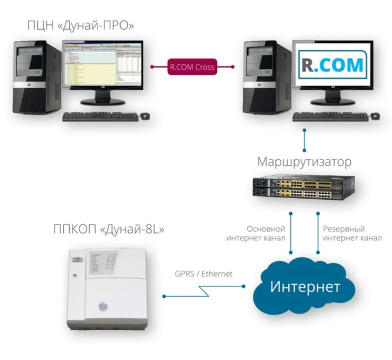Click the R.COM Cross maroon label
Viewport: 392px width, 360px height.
pyautogui.click(x=192, y=68)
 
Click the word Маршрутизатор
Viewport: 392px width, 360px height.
pyautogui.click(x=304, y=162)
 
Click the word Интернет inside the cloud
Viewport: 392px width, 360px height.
pyautogui.click(x=305, y=286)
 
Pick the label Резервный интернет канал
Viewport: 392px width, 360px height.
pyautogui.click(x=352, y=233)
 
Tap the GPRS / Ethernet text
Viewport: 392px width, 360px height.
pyautogui.click(x=204, y=274)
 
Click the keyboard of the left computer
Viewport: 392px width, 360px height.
pyautogui.click(x=99, y=116)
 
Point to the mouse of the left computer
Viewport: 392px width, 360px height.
pyautogui.click(x=145, y=116)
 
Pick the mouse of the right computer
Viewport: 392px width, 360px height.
pyautogui.click(x=374, y=115)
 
